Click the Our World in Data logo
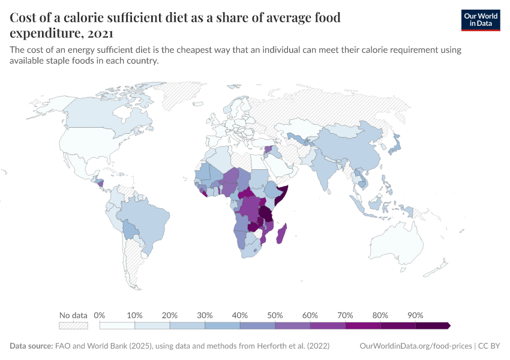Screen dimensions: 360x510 point(480,20)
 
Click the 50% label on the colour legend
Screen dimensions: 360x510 point(275,315)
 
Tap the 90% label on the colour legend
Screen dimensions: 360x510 point(415,315)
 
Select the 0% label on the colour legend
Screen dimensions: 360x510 point(100,315)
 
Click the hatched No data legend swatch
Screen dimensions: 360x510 point(73,325)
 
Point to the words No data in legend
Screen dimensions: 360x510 point(73,315)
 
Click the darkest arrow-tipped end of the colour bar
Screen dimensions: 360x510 point(447,325)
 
